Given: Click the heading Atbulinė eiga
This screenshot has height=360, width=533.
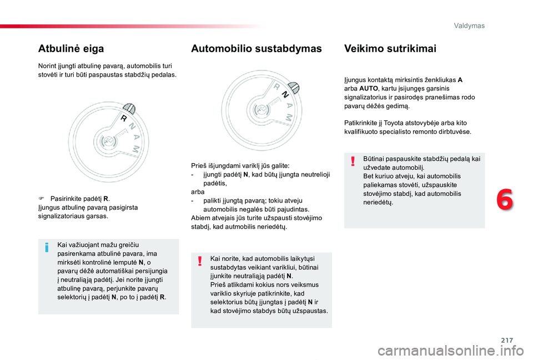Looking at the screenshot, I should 71,49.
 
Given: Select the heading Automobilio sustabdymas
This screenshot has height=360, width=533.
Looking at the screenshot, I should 256,49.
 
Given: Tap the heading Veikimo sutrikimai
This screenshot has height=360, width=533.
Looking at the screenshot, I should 390,49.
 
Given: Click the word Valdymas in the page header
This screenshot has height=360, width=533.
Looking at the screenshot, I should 469,26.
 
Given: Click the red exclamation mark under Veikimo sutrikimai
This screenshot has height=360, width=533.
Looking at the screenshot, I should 353,161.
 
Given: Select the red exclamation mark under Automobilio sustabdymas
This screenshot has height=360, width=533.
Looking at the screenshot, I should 199,261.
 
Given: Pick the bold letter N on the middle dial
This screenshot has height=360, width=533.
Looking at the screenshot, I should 285,95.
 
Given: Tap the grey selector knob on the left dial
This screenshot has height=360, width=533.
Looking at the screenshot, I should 128,108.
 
